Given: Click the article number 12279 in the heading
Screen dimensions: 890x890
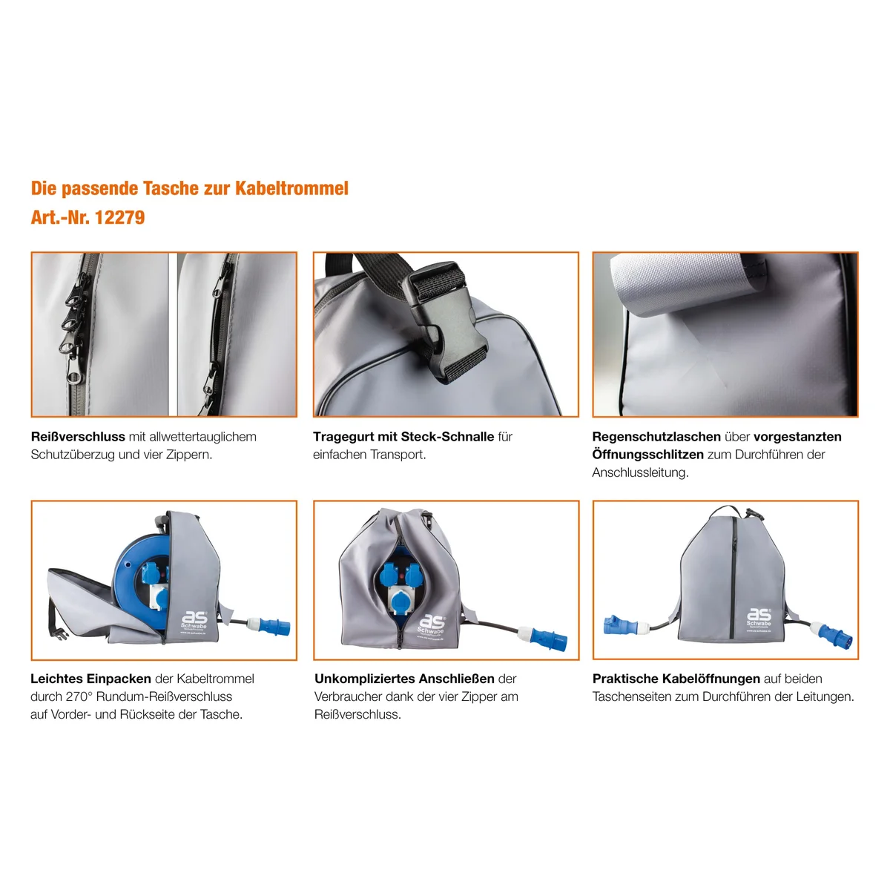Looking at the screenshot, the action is (x=119, y=217).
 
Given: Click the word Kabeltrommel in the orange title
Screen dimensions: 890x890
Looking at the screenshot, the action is (x=291, y=188).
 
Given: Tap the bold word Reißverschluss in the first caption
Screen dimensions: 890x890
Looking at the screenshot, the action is (x=78, y=436).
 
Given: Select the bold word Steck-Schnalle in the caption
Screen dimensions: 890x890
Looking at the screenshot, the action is (x=447, y=436).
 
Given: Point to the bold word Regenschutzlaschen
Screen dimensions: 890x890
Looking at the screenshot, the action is (x=656, y=437).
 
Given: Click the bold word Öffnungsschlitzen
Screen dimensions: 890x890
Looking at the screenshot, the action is (x=648, y=455).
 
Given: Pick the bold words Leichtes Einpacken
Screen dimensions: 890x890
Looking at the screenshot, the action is (x=91, y=679).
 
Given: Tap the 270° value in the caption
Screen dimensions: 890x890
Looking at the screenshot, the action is (x=76, y=696).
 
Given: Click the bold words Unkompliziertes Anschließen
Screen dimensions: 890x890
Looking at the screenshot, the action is (x=405, y=679).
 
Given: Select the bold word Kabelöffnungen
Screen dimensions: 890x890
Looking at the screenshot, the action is (x=711, y=679).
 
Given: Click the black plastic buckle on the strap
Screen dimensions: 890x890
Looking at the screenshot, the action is (x=444, y=320).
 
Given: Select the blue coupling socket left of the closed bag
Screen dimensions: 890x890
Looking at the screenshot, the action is (x=620, y=624).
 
